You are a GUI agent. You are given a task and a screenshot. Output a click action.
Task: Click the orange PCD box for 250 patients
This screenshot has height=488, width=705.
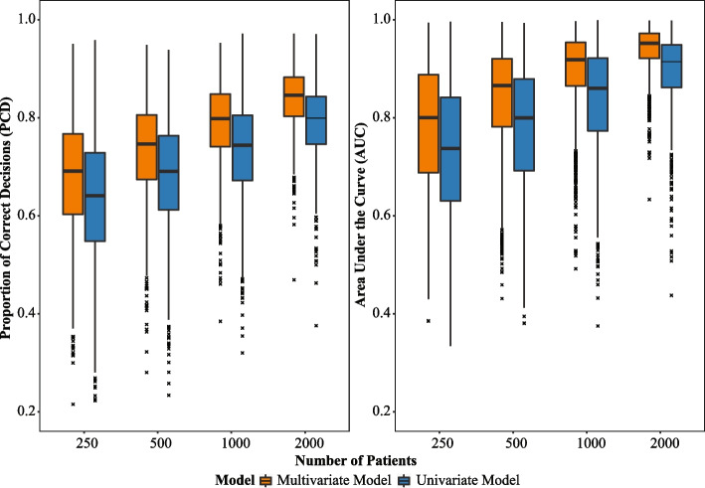(x=73, y=174)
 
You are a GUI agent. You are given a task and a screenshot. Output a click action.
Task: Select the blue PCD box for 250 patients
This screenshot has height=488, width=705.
(x=94, y=197)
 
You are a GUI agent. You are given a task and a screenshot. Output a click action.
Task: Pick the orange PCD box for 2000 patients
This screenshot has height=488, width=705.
(x=293, y=96)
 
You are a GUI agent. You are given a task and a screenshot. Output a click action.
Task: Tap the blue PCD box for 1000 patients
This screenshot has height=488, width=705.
(x=243, y=148)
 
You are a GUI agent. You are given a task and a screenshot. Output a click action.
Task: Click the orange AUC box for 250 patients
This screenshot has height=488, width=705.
(x=429, y=123)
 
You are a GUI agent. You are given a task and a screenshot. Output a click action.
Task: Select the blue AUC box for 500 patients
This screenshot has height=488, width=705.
(x=524, y=125)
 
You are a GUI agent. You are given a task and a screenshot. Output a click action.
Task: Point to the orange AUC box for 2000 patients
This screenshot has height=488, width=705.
(x=649, y=46)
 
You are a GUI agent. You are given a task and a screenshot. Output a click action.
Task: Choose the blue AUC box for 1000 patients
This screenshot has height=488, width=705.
(x=598, y=94)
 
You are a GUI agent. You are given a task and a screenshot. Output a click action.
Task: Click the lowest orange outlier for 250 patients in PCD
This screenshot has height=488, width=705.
(x=74, y=405)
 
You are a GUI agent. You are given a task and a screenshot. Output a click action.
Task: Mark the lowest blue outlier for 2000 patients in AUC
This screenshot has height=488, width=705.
(x=672, y=295)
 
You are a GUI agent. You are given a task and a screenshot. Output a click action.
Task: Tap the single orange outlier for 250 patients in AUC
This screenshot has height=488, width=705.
(x=429, y=321)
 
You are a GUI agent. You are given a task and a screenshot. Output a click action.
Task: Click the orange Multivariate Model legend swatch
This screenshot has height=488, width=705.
(x=266, y=480)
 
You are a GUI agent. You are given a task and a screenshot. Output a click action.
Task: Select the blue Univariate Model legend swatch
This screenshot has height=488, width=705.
(x=405, y=480)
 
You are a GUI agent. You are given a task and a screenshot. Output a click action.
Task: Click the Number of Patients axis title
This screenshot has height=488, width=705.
(x=356, y=460)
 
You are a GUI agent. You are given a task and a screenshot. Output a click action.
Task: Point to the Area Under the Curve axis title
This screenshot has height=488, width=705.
(x=361, y=215)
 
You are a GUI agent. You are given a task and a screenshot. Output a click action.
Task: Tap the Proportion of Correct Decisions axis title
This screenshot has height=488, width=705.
(x=6, y=218)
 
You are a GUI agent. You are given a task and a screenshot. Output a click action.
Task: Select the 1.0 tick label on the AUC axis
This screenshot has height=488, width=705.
(x=382, y=20)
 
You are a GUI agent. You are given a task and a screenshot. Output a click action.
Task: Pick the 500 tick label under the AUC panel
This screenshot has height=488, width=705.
(x=516, y=444)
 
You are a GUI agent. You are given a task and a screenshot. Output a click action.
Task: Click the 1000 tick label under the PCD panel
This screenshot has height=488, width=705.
(x=236, y=444)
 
